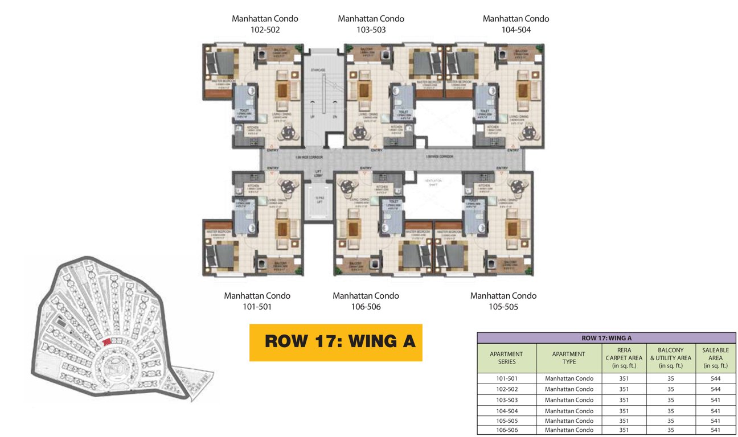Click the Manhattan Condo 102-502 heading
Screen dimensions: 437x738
point(265,24)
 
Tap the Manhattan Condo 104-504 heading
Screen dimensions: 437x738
point(516,24)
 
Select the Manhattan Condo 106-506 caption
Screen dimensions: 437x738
point(366,301)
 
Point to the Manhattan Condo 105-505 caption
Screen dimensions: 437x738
point(503,301)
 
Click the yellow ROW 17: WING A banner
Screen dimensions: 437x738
point(336,343)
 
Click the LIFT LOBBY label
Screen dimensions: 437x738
point(318,174)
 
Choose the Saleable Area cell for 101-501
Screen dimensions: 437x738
point(715,378)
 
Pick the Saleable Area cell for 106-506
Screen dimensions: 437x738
point(715,430)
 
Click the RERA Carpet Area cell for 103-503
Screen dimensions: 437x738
point(624,400)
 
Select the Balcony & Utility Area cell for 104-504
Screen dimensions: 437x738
point(670,411)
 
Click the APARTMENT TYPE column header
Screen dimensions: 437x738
point(568,358)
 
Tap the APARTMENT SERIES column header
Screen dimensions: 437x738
point(506,358)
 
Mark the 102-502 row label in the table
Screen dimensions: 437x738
point(506,389)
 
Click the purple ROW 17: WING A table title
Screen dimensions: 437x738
point(606,338)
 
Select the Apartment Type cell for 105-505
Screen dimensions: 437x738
point(568,420)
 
